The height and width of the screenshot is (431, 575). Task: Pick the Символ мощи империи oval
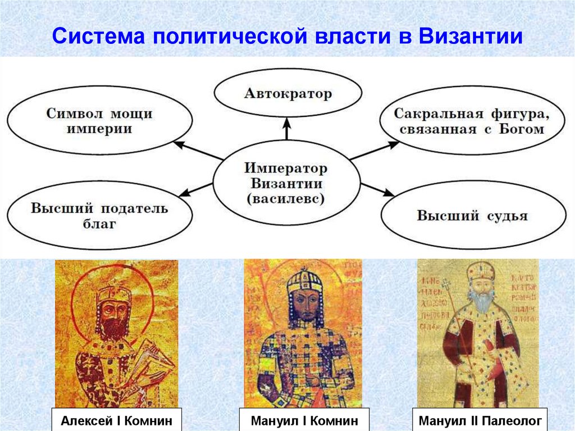coord(99,121)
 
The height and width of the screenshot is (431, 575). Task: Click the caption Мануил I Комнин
coord(304,420)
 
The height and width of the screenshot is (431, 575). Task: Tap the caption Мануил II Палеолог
coord(478,420)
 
